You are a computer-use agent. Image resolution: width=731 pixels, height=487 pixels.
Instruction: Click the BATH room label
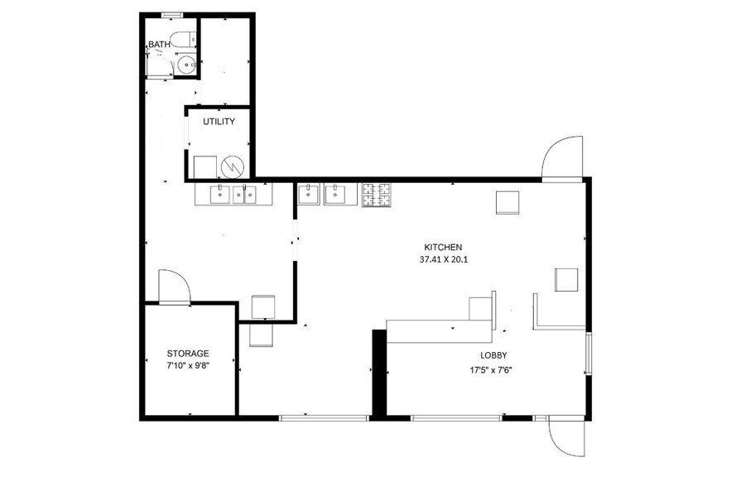pyautogui.click(x=160, y=45)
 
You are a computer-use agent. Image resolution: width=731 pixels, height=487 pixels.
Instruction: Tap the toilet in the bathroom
pyautogui.click(x=184, y=40)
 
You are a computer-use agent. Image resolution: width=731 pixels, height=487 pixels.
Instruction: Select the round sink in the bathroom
pyautogui.click(x=186, y=65)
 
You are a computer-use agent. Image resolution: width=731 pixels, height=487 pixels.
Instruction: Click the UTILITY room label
pyautogui.click(x=219, y=122)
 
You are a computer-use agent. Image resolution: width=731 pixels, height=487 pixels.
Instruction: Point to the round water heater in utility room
pyautogui.click(x=233, y=167)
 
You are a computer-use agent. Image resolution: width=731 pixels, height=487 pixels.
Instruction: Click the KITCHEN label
pyautogui.click(x=443, y=248)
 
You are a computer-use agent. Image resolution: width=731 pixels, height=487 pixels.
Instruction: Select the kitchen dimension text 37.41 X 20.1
pyautogui.click(x=444, y=259)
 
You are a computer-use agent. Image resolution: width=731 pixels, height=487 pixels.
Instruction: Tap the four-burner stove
pyautogui.click(x=377, y=195)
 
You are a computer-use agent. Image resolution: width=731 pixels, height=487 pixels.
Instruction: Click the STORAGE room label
pyautogui.click(x=188, y=354)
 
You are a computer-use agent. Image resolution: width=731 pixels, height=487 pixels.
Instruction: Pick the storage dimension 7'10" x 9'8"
pyautogui.click(x=188, y=366)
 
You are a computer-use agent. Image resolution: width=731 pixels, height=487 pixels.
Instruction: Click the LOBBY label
pyautogui.click(x=493, y=355)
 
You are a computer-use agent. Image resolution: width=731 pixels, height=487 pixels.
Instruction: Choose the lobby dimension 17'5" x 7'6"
pyautogui.click(x=493, y=371)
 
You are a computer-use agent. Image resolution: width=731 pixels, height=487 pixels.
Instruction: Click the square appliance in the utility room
pyautogui.click(x=205, y=167)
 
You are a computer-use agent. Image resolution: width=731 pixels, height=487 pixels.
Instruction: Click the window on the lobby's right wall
pyautogui.click(x=589, y=353)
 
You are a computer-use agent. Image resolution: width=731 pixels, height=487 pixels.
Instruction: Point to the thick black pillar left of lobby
pyautogui.click(x=379, y=372)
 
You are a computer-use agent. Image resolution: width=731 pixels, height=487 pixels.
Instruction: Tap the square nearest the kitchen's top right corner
pyautogui.click(x=507, y=202)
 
